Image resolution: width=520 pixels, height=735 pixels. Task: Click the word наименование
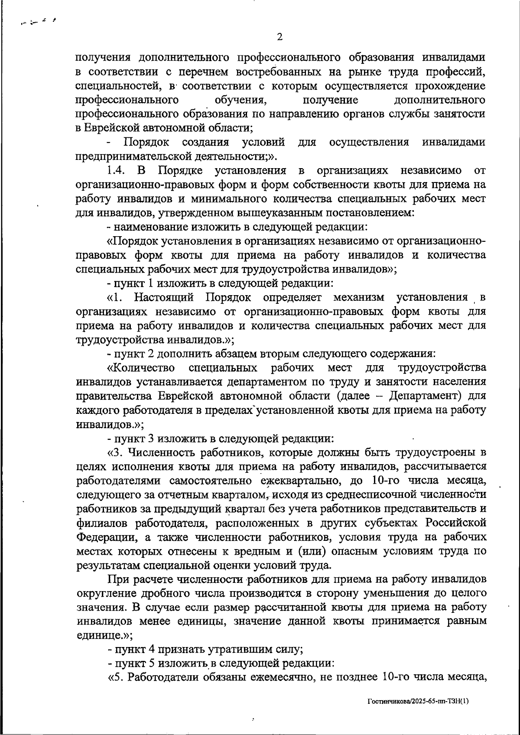152,227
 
